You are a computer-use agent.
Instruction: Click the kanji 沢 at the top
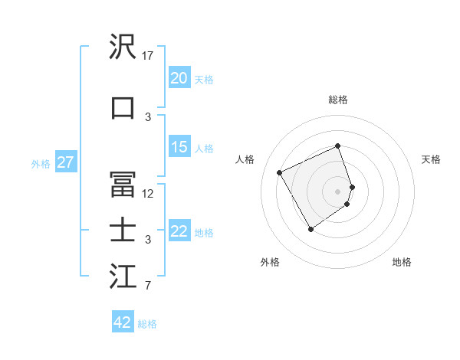click(123, 47)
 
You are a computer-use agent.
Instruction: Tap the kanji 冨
click(123, 185)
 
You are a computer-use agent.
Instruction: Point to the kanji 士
click(123, 231)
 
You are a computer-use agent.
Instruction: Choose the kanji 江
click(123, 277)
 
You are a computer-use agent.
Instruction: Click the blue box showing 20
click(179, 78)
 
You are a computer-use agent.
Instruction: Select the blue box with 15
click(179, 147)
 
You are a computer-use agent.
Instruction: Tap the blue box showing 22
click(179, 231)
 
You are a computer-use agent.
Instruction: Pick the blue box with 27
click(65, 162)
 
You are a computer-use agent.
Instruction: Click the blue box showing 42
click(123, 322)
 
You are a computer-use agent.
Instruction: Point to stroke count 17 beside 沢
click(148, 56)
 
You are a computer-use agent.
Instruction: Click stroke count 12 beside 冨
click(148, 194)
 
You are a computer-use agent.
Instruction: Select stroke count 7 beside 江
click(148, 286)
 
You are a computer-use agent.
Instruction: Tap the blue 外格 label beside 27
click(41, 163)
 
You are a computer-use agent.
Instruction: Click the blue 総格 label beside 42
click(147, 323)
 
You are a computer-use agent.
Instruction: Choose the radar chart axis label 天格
click(431, 159)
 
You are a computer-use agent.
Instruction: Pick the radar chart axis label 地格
click(402, 262)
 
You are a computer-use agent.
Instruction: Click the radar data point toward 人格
click(280, 172)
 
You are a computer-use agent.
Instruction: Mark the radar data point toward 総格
click(338, 146)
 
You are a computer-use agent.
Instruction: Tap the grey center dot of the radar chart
click(338, 191)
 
